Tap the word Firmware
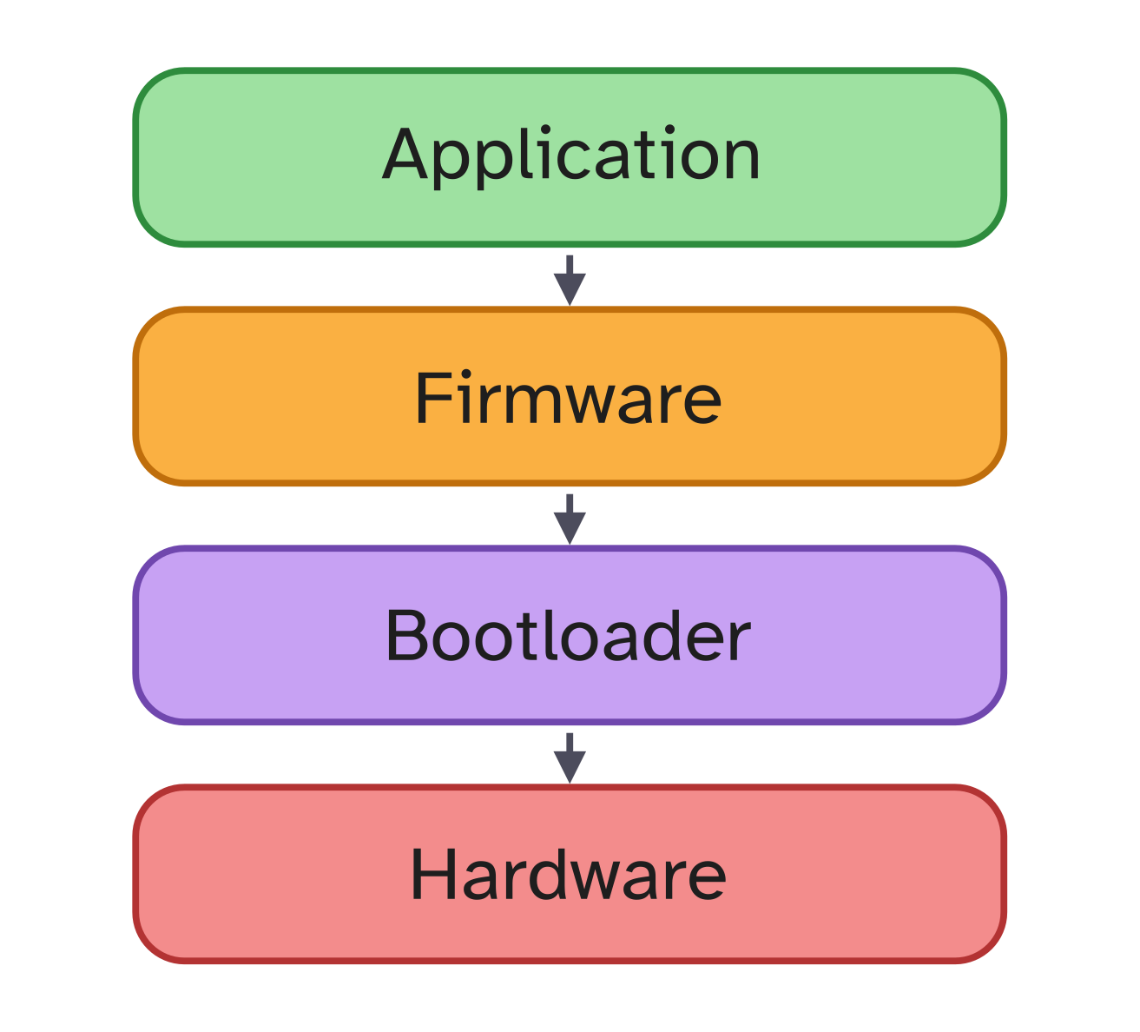pyautogui.click(x=569, y=398)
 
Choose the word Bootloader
pyautogui.click(x=568, y=636)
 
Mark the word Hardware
pyautogui.click(x=569, y=874)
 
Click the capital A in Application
pyautogui.click(x=407, y=155)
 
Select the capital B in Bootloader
pyautogui.click(x=408, y=636)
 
